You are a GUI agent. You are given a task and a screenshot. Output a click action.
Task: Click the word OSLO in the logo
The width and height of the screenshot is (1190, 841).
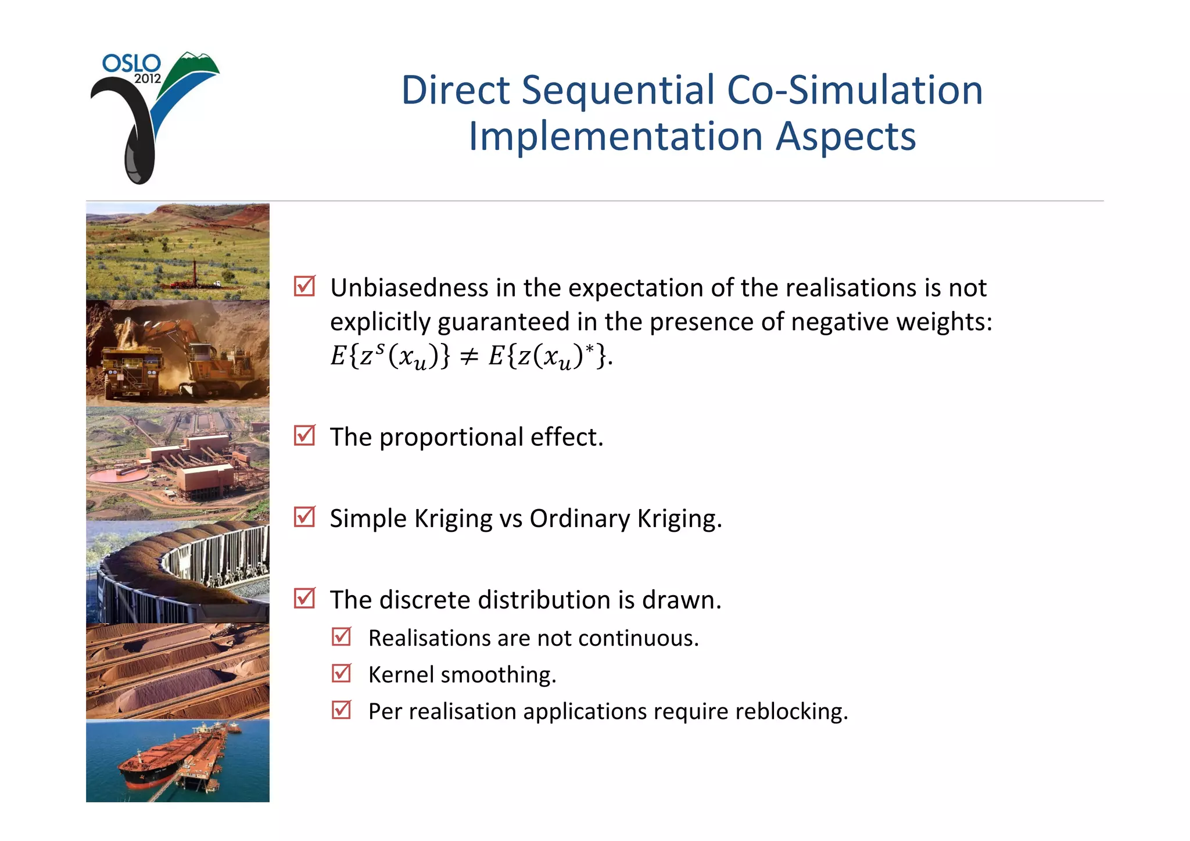point(131,63)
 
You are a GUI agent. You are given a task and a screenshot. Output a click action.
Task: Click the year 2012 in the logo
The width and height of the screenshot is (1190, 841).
point(147,79)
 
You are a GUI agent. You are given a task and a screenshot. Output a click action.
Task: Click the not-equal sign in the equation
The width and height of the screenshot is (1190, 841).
point(469,356)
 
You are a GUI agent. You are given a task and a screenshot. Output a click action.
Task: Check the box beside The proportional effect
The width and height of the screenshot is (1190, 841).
point(304,436)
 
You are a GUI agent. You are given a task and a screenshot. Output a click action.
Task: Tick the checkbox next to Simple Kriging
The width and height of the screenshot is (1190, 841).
point(304,517)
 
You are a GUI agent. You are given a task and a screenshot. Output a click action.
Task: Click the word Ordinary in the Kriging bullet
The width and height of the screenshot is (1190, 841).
point(579,518)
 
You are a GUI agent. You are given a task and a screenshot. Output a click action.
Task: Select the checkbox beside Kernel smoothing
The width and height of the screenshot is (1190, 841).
point(342,674)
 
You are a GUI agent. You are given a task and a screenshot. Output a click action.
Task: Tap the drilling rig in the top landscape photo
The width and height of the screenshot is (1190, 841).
point(194,273)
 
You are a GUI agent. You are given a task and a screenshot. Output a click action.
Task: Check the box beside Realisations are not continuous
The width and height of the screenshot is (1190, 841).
point(342,637)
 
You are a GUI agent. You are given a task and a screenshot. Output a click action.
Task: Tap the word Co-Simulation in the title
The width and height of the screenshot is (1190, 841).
point(855,91)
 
